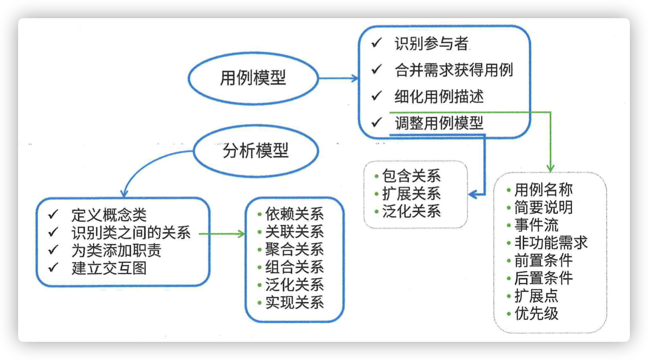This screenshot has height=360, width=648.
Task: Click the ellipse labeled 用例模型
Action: click(x=252, y=78)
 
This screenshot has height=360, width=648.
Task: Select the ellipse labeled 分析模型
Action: click(x=255, y=151)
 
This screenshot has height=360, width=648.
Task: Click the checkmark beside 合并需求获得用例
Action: click(x=376, y=69)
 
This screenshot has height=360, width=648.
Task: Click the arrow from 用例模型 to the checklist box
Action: click(x=339, y=78)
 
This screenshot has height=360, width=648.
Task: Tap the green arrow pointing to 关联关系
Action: click(x=222, y=234)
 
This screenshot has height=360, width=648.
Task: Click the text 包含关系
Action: click(x=411, y=176)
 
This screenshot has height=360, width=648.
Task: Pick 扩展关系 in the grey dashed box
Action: click(x=411, y=193)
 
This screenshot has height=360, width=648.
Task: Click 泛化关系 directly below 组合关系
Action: click(x=295, y=284)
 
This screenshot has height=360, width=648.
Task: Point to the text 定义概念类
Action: click(x=108, y=216)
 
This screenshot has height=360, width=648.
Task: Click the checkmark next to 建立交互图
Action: click(x=53, y=267)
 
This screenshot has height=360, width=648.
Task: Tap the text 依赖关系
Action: click(x=295, y=214)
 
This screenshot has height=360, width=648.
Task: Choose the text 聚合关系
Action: click(x=295, y=250)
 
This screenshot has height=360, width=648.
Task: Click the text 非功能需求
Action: click(x=551, y=243)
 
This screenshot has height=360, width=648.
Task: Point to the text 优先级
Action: click(x=536, y=313)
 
